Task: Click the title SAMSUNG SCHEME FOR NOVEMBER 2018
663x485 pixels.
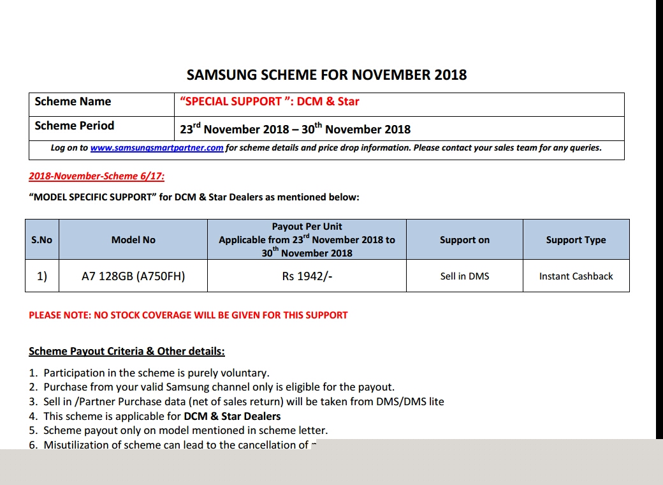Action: [326, 75]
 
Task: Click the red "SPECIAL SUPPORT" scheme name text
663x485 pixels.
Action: [270, 101]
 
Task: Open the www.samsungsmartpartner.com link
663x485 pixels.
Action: [157, 148]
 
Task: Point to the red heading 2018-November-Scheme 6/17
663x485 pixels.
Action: [96, 176]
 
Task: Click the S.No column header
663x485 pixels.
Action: [41, 240]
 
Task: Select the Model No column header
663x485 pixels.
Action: [133, 240]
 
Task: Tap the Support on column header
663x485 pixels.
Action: [465, 240]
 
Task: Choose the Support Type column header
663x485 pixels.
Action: [576, 240]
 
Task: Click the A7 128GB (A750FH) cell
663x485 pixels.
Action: [133, 276]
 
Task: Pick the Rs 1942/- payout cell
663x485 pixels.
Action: [307, 276]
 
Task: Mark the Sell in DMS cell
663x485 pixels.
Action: [465, 276]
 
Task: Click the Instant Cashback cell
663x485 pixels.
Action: [576, 276]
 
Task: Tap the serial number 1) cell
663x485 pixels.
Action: [41, 276]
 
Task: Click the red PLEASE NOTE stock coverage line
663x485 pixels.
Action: [188, 315]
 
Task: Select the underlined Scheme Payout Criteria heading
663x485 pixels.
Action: [127, 351]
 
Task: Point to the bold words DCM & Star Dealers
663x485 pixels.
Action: [228, 416]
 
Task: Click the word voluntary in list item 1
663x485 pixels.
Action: [247, 373]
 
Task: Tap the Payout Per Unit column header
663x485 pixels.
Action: [307, 239]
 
